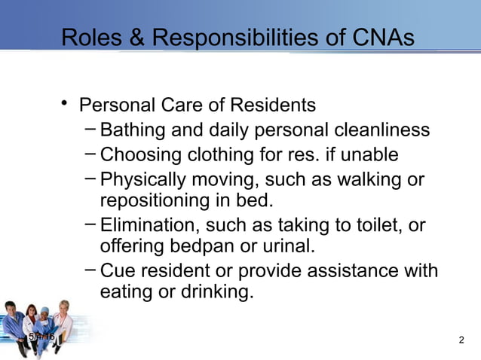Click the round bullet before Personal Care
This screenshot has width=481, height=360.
coord(66,103)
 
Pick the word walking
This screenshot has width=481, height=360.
coord(366,180)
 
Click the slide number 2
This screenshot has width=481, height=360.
coord(461,341)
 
